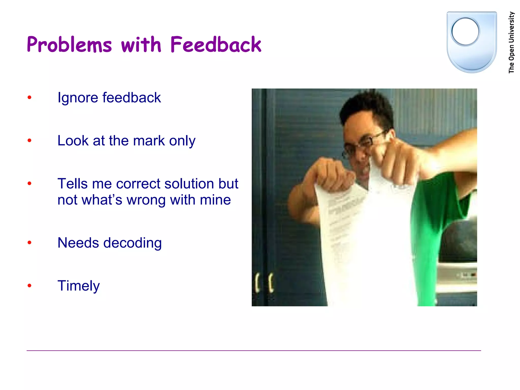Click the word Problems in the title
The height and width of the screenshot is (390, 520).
point(69,45)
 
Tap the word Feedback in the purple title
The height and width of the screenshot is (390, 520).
point(216,45)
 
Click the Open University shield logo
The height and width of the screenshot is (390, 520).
point(472,42)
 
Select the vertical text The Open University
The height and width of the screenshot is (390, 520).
point(511,43)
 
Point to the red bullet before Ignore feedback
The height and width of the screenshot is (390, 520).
point(29,97)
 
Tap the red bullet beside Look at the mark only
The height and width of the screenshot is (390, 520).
point(29,140)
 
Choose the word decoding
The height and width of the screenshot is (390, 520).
point(132,243)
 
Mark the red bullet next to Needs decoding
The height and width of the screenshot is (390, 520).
point(29,243)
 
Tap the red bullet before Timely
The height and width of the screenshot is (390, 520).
point(29,286)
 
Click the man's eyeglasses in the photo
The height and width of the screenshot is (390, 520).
point(366,142)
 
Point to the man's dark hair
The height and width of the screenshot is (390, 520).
point(366,107)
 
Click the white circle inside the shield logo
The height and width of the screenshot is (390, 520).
point(465,31)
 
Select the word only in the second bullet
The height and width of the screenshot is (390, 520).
point(182,141)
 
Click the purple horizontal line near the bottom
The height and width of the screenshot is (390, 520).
point(254,351)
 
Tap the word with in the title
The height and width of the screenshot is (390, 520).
point(141,45)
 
